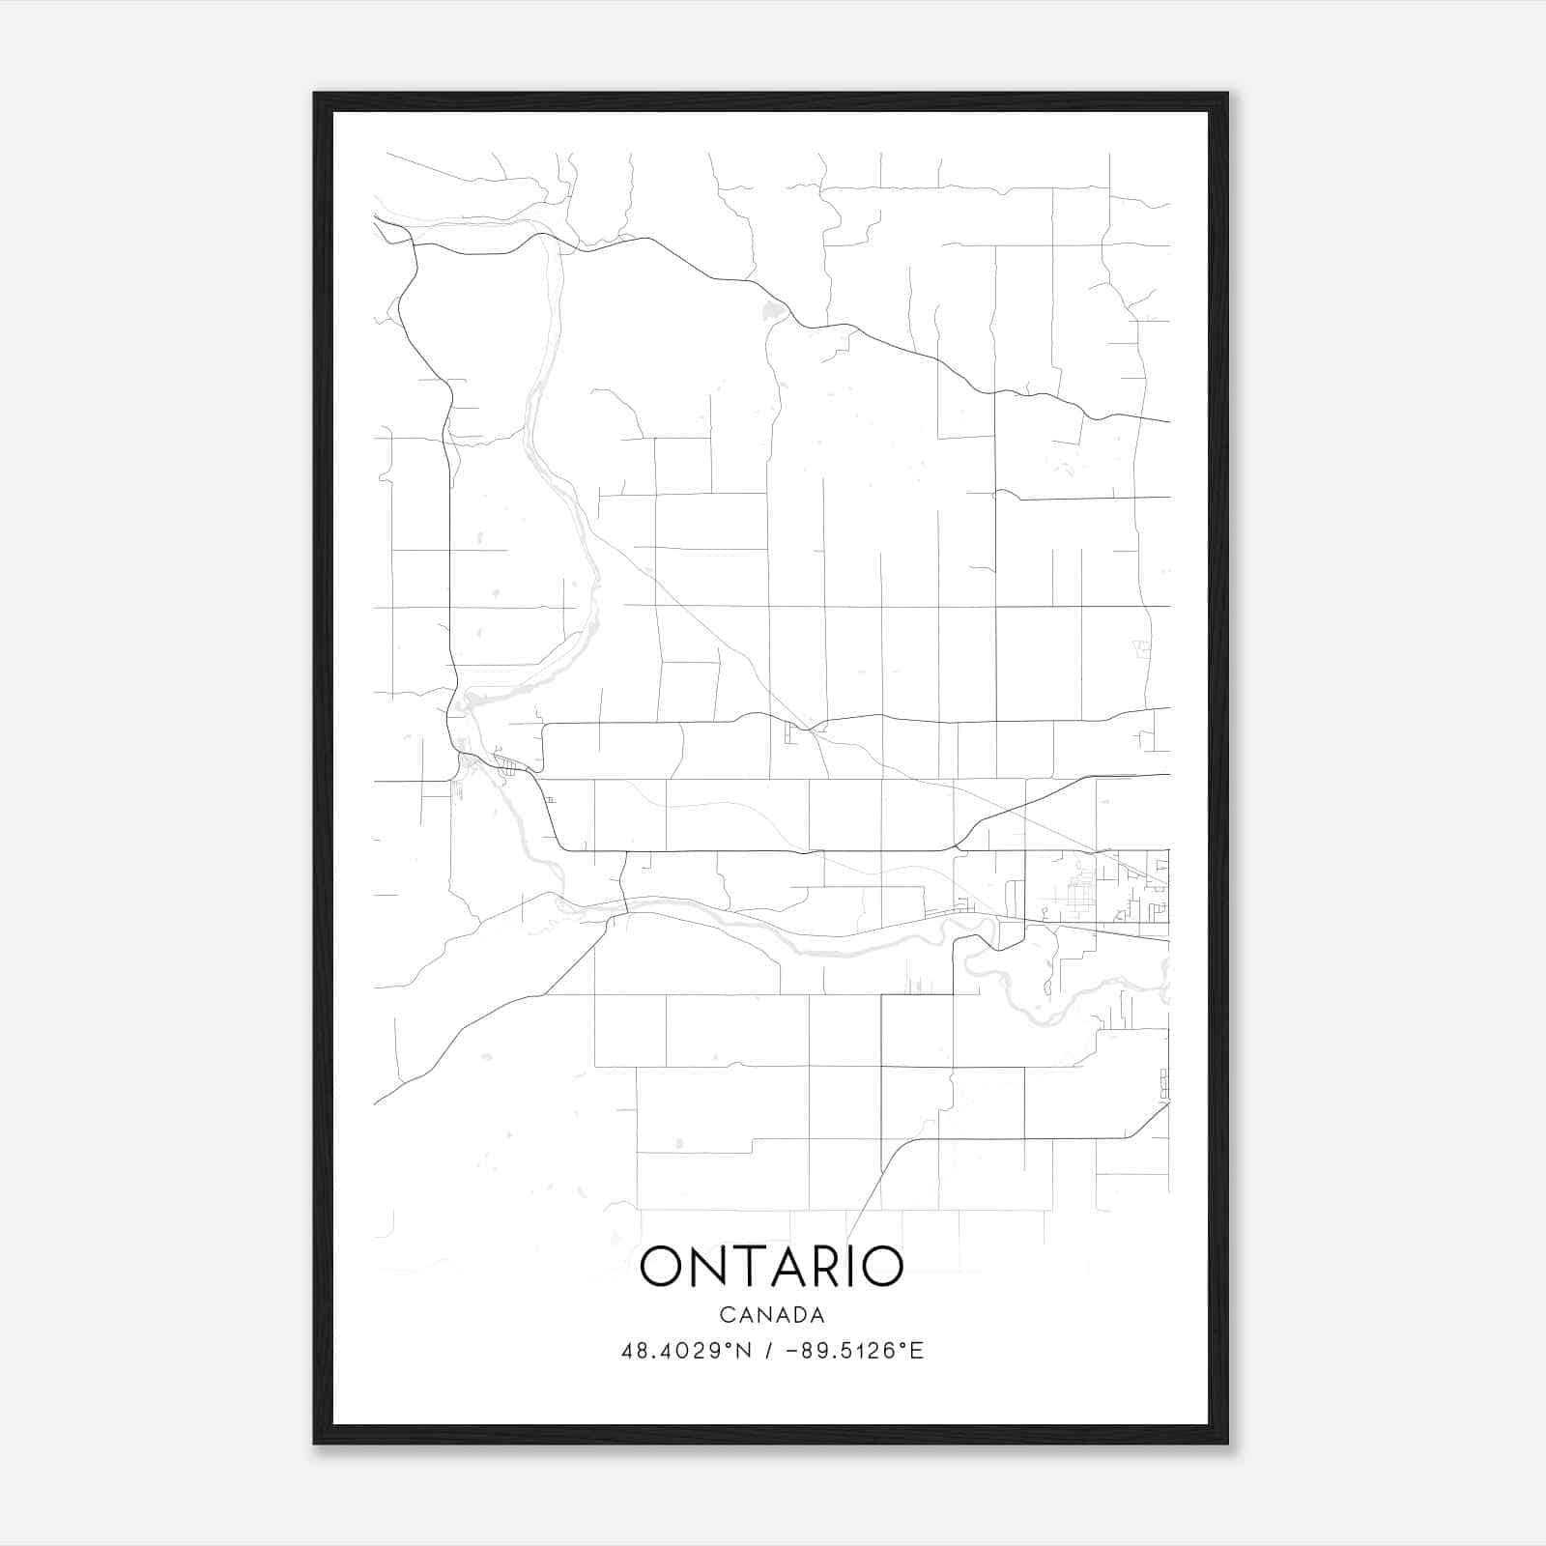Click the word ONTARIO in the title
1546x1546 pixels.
771,1267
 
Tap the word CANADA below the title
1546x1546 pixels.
772,1315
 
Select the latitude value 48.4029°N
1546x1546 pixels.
686,1351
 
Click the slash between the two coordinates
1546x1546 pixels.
769,1351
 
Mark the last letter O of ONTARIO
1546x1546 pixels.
883,1267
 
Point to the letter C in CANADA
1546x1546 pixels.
726,1315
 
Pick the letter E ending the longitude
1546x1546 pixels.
918,1351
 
